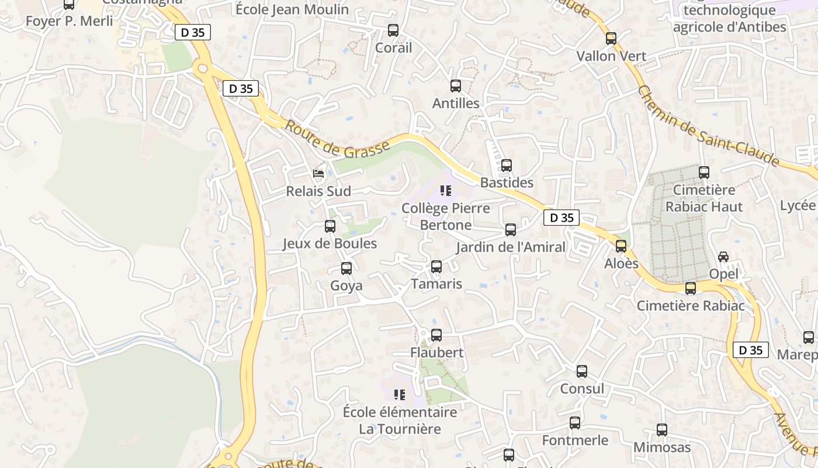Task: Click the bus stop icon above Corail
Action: [x=393, y=30]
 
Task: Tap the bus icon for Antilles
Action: [x=456, y=86]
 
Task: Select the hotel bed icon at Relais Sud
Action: [x=318, y=174]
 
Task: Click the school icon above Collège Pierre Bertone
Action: [x=446, y=191]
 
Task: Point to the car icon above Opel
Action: [x=723, y=257]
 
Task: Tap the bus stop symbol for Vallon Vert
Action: [x=611, y=39]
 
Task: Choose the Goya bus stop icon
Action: [x=346, y=269]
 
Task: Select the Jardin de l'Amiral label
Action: [x=511, y=247]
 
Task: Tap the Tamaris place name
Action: [x=436, y=284]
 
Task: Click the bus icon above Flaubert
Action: [x=436, y=335]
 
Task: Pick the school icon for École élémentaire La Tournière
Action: [x=400, y=395]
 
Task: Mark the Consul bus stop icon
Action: [x=582, y=371]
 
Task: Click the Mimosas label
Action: [x=662, y=448]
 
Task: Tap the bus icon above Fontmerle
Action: [x=575, y=423]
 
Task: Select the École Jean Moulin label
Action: [x=292, y=9]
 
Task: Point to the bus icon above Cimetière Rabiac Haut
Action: [x=704, y=173]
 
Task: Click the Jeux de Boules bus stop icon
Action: [x=330, y=226]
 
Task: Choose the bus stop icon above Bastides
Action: [x=507, y=166]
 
